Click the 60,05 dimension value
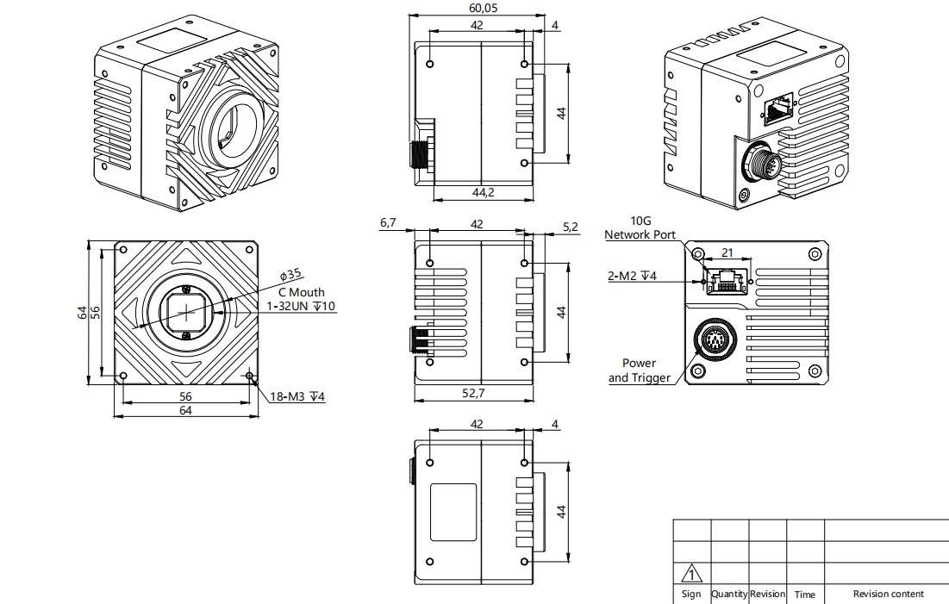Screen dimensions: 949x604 (x=483, y=8)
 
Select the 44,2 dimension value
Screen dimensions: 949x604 (x=483, y=192)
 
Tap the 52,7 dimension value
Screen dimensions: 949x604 (x=473, y=393)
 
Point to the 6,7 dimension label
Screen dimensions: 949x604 (x=388, y=222)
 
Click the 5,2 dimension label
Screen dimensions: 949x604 (x=570, y=227)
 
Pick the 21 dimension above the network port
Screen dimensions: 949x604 (x=727, y=252)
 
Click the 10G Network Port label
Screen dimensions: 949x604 (x=640, y=228)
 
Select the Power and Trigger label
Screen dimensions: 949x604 (x=639, y=370)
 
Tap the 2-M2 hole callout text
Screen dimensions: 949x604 (x=632, y=276)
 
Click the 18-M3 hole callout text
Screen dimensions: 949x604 (x=297, y=397)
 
